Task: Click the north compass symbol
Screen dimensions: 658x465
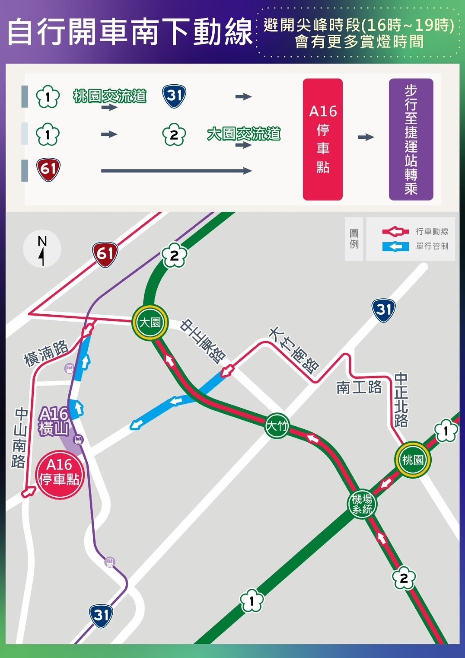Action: point(42,249)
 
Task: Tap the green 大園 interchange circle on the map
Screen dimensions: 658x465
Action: point(150,322)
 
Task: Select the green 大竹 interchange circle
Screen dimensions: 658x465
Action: point(277,425)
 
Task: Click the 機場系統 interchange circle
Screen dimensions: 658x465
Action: point(362,504)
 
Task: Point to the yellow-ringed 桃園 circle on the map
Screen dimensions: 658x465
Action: point(413,460)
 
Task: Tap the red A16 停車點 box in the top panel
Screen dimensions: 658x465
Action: point(323,139)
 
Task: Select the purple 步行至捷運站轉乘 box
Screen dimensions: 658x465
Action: point(411,139)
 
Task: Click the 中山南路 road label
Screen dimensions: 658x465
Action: point(19,438)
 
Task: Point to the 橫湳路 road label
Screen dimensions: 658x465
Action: point(46,353)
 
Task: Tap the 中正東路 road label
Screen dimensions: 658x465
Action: point(203,341)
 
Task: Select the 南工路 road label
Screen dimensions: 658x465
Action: point(359,387)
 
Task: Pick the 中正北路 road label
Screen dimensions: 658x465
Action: point(401,400)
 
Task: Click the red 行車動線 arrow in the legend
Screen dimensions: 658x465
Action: point(395,232)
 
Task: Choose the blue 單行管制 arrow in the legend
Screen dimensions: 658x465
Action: point(395,246)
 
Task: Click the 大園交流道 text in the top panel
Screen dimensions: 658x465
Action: point(244,134)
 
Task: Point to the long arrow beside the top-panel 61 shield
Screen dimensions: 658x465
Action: point(176,171)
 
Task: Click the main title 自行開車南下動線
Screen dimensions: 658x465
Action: point(130,32)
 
